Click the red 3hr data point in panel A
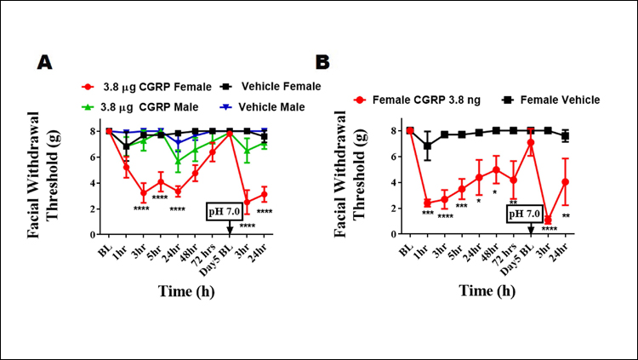pyautogui.click(x=144, y=191)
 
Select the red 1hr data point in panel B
pyautogui.click(x=427, y=203)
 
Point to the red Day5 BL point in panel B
pyautogui.click(x=531, y=143)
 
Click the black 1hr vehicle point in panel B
pyautogui.click(x=427, y=146)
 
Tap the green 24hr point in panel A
pyautogui.click(x=178, y=159)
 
